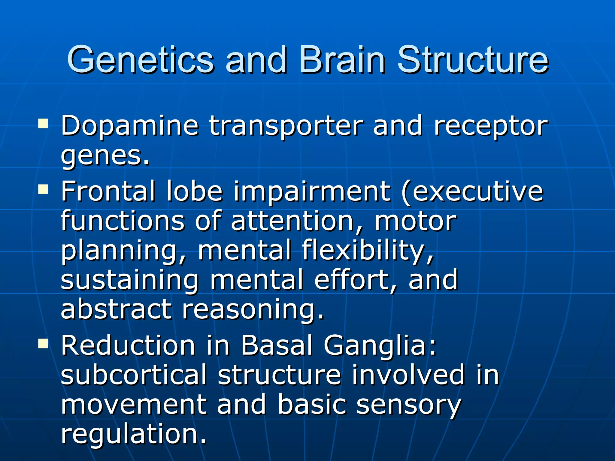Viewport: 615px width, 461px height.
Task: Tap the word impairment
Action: [x=312, y=192]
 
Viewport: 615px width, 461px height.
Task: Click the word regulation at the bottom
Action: [x=134, y=435]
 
